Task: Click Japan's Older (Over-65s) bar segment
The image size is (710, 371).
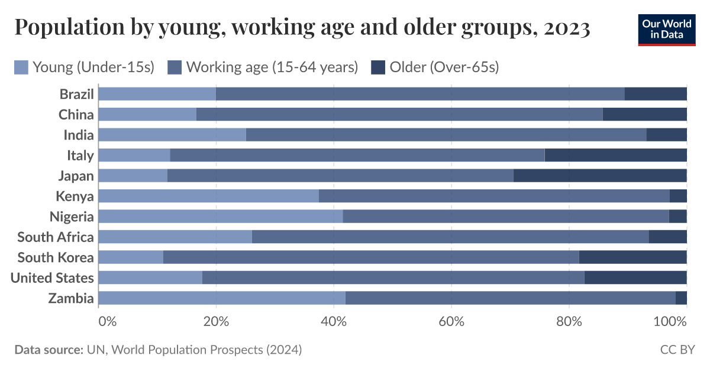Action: pos(600,176)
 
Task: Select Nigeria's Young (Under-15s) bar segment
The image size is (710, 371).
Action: pos(220,217)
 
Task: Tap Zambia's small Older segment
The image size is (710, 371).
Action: pos(681,298)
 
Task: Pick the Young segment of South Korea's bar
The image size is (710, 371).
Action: pos(131,257)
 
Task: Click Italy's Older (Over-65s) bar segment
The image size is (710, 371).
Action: pos(615,155)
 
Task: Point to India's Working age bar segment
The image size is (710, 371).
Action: pos(446,135)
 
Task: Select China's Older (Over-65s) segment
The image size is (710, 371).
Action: pos(644,114)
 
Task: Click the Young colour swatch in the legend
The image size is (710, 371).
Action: pos(21,67)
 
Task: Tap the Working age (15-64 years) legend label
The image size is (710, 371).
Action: pos(272,67)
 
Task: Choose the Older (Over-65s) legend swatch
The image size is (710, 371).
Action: pos(378,67)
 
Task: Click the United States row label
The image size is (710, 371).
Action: pos(52,278)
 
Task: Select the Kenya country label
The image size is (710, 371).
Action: pos(75,196)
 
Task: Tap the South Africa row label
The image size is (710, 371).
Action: pos(56,237)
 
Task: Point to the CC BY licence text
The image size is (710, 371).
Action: pos(677,350)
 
